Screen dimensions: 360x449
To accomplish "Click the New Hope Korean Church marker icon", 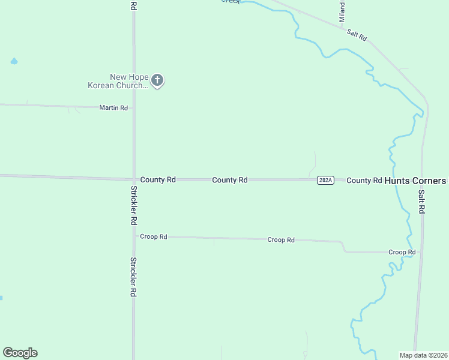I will [157, 80].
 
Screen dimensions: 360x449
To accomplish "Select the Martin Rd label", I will [114, 108].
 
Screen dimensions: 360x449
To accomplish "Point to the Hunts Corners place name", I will [415, 181].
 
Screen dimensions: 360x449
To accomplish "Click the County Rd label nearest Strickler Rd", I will [158, 179].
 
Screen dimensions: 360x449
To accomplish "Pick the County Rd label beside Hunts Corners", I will [364, 180].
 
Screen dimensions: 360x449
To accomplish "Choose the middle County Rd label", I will [230, 180].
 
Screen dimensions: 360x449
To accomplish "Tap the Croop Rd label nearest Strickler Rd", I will [154, 236].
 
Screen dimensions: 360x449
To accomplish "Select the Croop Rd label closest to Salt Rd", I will [402, 252].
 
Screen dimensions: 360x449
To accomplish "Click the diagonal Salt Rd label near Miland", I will [357, 35].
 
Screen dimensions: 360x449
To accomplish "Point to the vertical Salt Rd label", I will [421, 202].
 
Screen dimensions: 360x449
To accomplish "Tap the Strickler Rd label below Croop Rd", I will [133, 278].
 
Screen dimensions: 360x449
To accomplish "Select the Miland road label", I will [342, 13].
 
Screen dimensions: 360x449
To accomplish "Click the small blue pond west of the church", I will [14, 61].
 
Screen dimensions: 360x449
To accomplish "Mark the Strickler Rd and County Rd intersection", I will [133, 179].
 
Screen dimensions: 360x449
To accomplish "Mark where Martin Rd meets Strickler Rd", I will [133, 109].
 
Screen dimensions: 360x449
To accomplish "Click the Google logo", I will [20, 353].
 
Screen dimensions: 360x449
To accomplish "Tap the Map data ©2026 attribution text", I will [423, 355].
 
